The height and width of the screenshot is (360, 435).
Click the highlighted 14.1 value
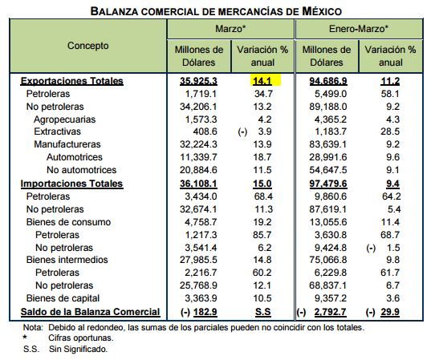(x=262, y=81)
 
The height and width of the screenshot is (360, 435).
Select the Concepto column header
(x=88, y=46)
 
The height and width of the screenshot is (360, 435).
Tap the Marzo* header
(x=230, y=29)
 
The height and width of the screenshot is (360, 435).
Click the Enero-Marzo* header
(x=359, y=29)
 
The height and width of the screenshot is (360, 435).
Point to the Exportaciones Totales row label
(x=72, y=81)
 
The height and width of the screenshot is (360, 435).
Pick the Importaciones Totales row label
(x=71, y=184)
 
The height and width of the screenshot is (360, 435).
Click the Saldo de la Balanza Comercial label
(x=90, y=312)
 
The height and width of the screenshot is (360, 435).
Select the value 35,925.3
(x=198, y=81)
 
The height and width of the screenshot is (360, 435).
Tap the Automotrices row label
(x=75, y=157)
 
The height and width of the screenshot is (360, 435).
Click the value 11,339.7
(x=198, y=157)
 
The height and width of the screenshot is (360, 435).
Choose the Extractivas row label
(x=57, y=131)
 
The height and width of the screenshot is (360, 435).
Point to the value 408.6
(x=205, y=131)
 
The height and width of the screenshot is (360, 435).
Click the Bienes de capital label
(x=63, y=298)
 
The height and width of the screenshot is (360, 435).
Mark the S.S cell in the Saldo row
(x=262, y=312)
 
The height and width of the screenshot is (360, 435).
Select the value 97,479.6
(x=328, y=184)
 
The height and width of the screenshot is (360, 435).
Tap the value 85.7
(x=262, y=235)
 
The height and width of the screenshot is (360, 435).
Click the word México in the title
(x=322, y=11)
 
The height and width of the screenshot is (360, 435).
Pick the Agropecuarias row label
(x=64, y=119)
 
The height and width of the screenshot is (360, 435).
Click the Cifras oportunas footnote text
(x=81, y=338)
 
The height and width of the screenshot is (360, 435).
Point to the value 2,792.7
(x=330, y=312)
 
